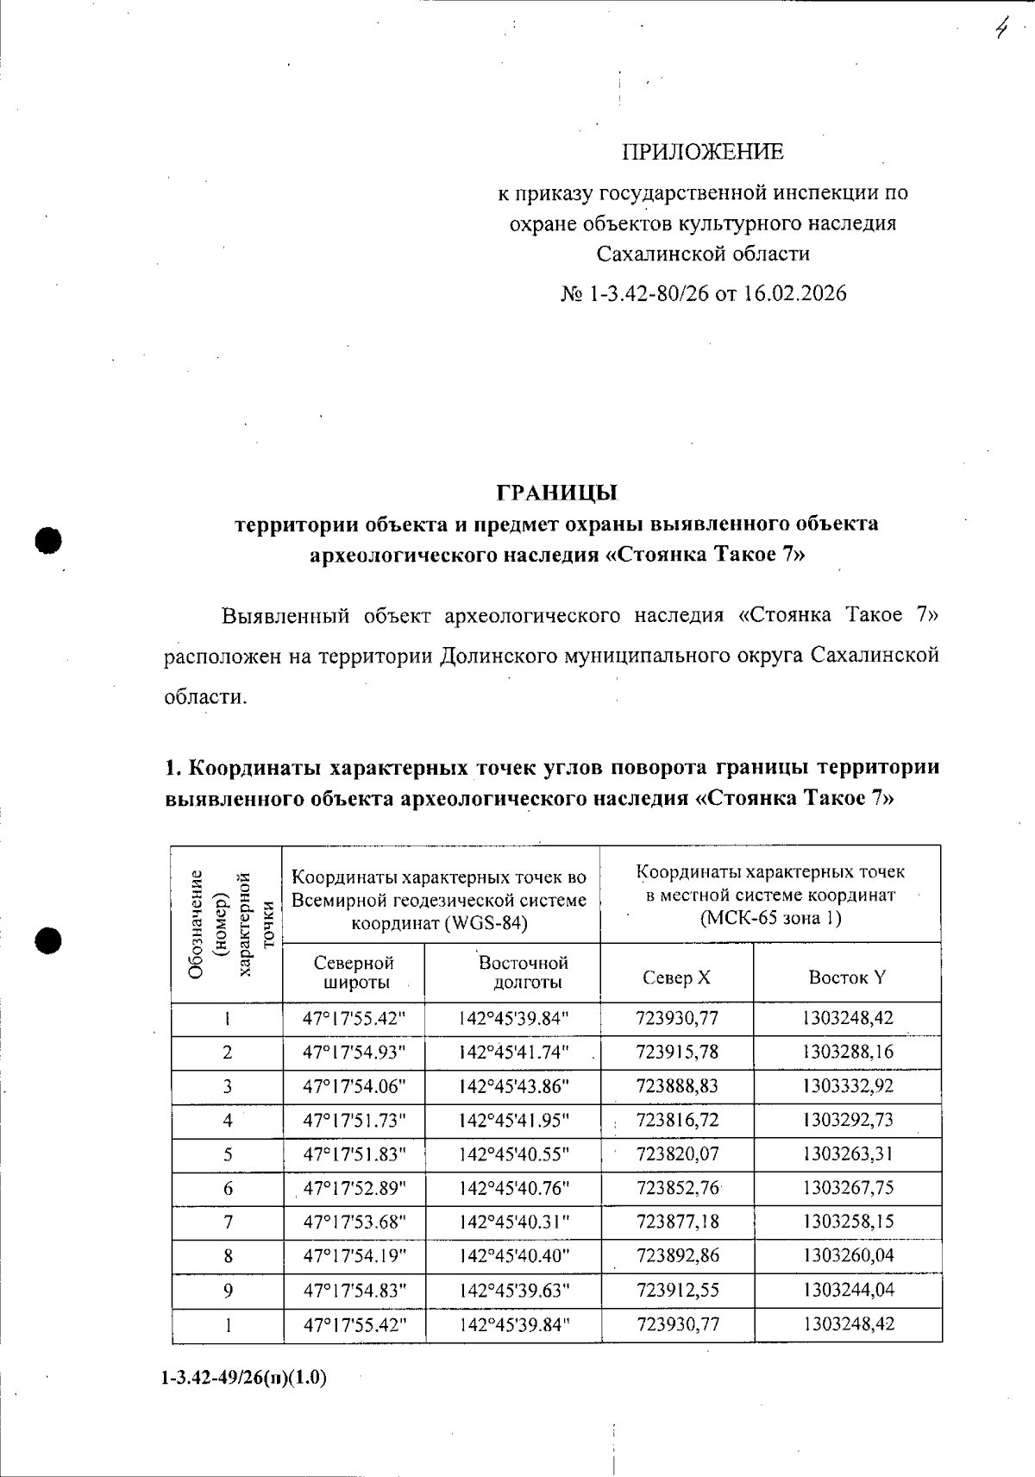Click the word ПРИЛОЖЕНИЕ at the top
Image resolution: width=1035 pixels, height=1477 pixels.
click(x=703, y=153)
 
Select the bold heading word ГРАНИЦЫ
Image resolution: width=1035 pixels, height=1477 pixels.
click(x=557, y=493)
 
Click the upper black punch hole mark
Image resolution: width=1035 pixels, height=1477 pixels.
click(x=49, y=540)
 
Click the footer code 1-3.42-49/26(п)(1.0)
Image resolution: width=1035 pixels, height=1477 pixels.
click(x=244, y=1378)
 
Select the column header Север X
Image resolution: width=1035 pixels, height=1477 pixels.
click(x=676, y=977)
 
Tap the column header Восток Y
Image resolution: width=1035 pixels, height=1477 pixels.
click(x=846, y=977)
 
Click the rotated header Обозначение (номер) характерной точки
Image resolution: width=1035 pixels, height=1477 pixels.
click(x=227, y=924)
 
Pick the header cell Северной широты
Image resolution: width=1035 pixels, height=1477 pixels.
click(x=354, y=972)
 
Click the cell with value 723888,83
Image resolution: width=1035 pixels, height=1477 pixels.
click(x=676, y=1086)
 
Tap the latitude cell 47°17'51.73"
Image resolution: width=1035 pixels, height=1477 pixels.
click(x=354, y=1120)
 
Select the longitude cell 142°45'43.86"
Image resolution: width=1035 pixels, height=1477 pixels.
click(x=514, y=1086)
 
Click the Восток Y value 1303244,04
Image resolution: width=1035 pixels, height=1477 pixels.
click(x=847, y=1290)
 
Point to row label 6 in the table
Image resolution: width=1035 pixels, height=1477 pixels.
click(x=228, y=1188)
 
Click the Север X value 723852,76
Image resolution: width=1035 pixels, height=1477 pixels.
click(x=676, y=1188)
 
